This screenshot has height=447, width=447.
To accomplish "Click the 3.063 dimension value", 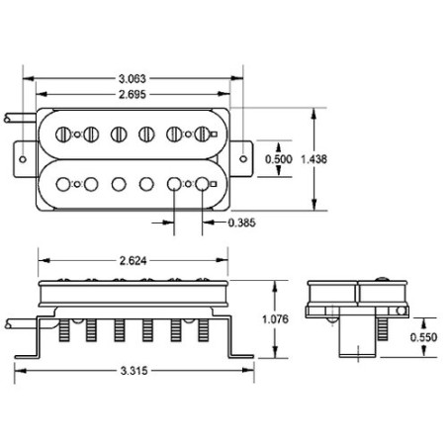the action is click(x=132, y=79).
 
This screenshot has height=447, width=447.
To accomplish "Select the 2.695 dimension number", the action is click(x=132, y=95).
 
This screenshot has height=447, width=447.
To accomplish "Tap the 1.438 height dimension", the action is click(x=313, y=159).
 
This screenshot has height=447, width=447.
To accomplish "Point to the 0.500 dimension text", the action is click(x=279, y=159).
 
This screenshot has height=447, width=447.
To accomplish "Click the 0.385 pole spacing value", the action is click(x=241, y=223).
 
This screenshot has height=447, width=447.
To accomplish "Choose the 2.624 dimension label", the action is click(x=133, y=261).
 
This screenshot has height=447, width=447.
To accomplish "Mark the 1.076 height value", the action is click(x=275, y=319).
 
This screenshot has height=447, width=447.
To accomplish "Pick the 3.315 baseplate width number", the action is click(x=134, y=371).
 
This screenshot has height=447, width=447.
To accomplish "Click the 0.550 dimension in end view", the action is click(x=423, y=337).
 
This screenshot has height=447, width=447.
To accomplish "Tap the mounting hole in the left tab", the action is click(x=23, y=159).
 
